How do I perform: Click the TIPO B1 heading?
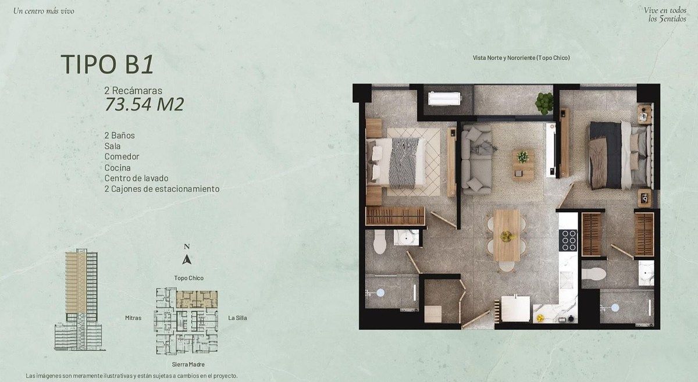click(107, 64)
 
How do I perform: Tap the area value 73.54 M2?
click(144, 105)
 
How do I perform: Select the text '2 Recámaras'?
click(133, 91)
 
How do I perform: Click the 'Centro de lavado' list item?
click(136, 178)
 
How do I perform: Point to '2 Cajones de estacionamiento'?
click(162, 189)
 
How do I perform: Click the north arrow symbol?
click(187, 259)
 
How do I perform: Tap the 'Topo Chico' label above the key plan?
click(189, 278)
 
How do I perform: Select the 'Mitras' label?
click(133, 318)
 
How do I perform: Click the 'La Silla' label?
click(237, 318)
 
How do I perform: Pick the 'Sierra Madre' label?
click(188, 364)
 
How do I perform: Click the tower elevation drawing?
click(80, 300)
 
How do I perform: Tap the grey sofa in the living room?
click(477, 159)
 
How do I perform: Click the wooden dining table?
click(507, 235)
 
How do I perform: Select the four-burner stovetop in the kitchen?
click(569, 240)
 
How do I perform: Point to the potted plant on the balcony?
click(544, 103)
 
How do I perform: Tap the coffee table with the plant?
click(523, 166)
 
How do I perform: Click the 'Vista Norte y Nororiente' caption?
click(521, 58)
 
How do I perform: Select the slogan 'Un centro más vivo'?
click(44, 11)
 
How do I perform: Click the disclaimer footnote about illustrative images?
click(131, 376)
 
